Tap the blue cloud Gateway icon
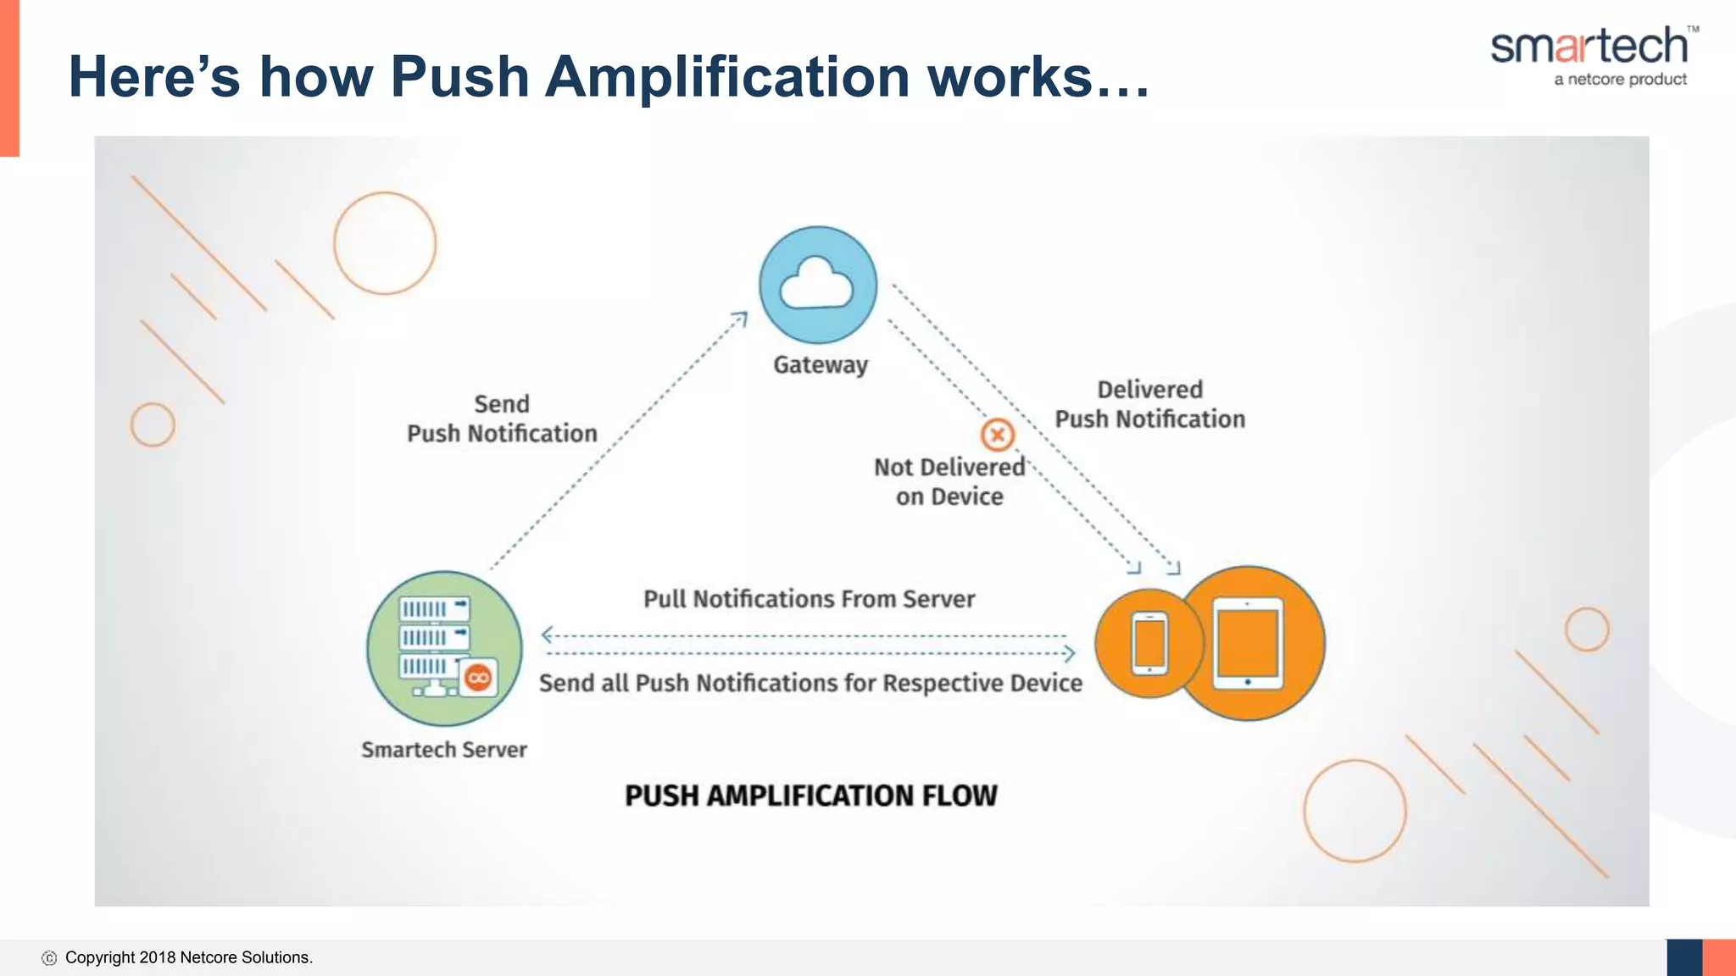click(x=817, y=285)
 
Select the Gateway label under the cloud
click(x=820, y=365)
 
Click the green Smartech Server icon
click(x=443, y=647)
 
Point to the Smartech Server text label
click(x=443, y=750)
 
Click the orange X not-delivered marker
click(x=998, y=435)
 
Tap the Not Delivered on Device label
click(x=949, y=481)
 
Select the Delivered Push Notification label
click(x=1149, y=404)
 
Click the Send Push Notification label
click(x=502, y=419)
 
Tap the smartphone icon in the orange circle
click(x=1149, y=643)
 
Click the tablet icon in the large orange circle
click(x=1248, y=643)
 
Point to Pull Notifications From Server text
click(x=809, y=599)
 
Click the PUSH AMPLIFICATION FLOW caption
click(x=810, y=796)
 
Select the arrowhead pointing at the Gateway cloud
click(x=741, y=319)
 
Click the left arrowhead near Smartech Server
click(x=548, y=635)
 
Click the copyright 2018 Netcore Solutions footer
click(x=188, y=957)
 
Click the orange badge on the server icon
click(x=479, y=678)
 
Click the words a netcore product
click(x=1620, y=80)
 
